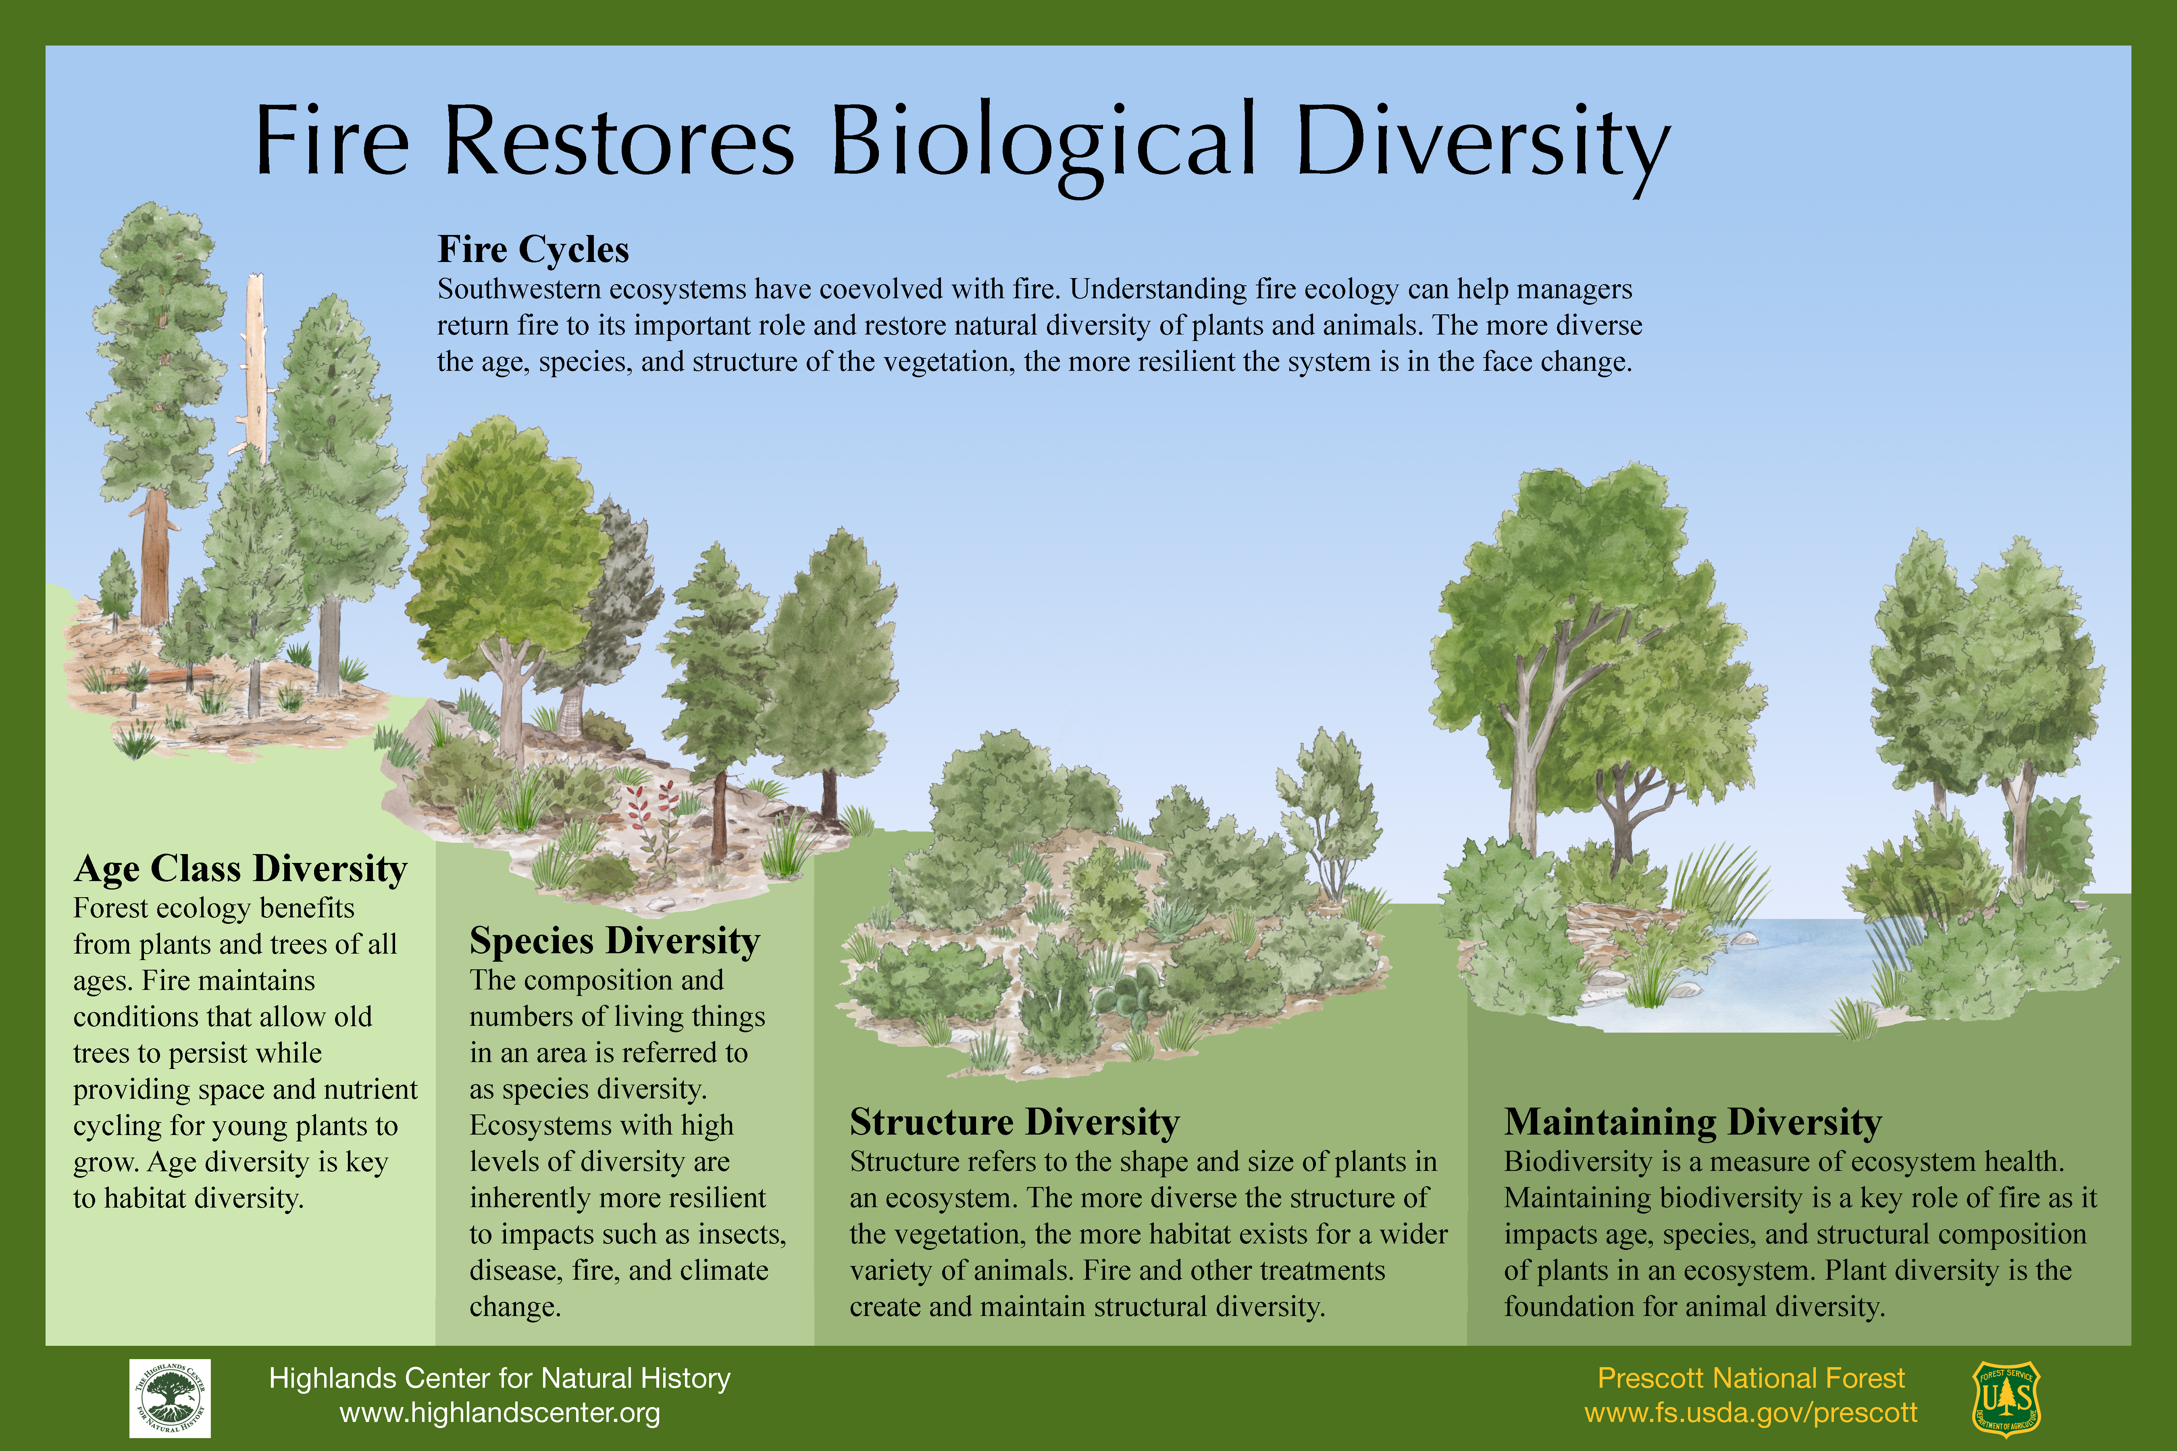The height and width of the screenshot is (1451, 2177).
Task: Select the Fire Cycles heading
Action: tap(533, 250)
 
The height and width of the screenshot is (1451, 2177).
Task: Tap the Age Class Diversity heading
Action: tap(241, 869)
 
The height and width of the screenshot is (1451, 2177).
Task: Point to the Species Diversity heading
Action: tap(614, 941)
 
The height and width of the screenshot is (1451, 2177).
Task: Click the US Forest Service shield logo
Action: tap(2006, 1398)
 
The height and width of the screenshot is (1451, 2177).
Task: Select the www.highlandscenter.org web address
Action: tap(500, 1413)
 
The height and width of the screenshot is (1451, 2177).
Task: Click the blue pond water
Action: tap(1777, 972)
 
